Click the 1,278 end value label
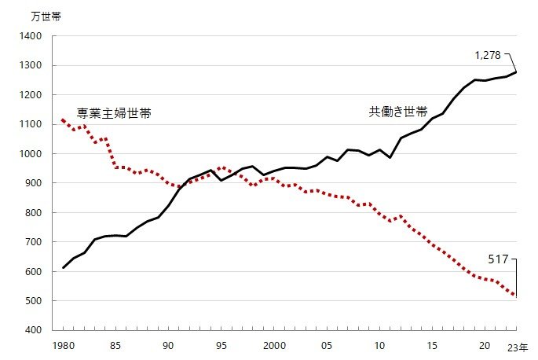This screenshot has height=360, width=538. point(488,55)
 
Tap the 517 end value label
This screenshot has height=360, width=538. point(499,258)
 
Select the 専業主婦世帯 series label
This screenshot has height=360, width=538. point(113,113)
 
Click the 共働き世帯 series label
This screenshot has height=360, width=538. point(398,112)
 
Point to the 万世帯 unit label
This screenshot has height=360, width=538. point(45,16)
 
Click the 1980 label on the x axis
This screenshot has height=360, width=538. point(63,346)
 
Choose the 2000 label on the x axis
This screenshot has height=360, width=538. point(274,346)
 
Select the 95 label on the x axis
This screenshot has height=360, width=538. point(221,346)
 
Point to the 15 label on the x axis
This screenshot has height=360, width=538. point(432,346)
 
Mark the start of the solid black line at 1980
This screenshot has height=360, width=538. point(64,268)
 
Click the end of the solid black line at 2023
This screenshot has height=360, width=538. point(516,72)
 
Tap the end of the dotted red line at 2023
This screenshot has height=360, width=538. point(516,296)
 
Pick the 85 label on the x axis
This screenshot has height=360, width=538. point(116,346)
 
